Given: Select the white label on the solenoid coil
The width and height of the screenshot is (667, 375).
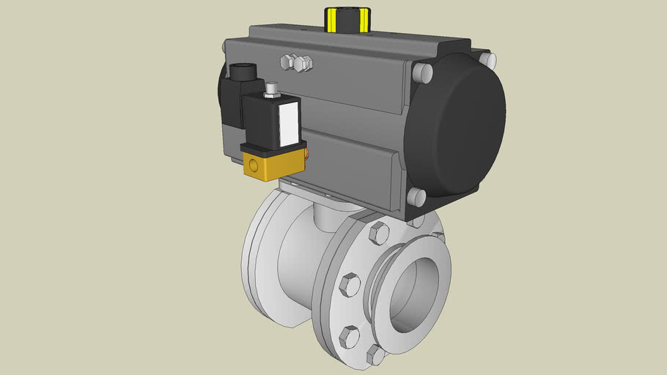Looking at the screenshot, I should [x=290, y=122].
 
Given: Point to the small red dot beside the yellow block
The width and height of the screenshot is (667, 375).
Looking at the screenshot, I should [x=309, y=154].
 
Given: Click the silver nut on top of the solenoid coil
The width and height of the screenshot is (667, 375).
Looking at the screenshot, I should [x=272, y=89].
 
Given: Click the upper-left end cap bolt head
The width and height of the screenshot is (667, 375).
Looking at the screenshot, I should [x=421, y=72].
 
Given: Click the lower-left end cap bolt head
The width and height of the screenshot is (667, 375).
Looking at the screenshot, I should [x=416, y=196].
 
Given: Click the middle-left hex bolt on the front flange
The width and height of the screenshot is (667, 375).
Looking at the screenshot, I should [x=350, y=284].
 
